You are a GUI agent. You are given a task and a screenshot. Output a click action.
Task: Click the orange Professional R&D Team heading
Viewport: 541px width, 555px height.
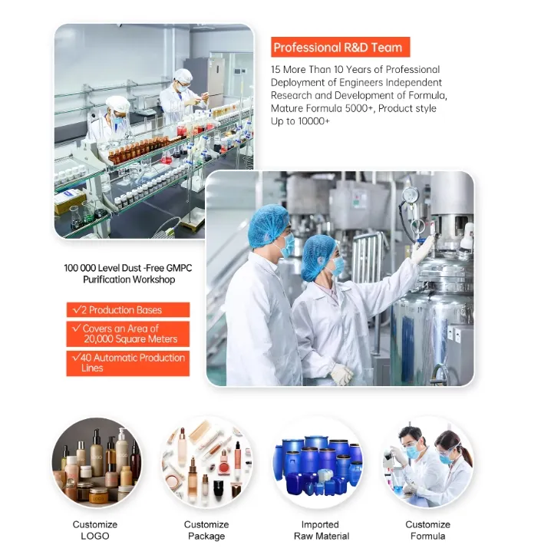pyautogui.click(x=341, y=47)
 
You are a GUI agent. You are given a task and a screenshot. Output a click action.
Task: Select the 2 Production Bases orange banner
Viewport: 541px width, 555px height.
pyautogui.click(x=127, y=309)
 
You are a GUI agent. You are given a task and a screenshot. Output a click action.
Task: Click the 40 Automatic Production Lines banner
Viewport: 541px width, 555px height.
pyautogui.click(x=127, y=363)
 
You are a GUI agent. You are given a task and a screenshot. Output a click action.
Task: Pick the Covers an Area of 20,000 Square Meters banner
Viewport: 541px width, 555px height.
pyautogui.click(x=127, y=334)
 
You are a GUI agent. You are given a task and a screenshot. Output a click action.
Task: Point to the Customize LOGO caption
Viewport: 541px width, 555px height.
pyautogui.click(x=95, y=530)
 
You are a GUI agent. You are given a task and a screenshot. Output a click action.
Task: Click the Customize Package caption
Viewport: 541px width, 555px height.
pyautogui.click(x=206, y=530)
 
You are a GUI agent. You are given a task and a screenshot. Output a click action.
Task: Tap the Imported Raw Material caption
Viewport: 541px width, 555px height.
pyautogui.click(x=322, y=530)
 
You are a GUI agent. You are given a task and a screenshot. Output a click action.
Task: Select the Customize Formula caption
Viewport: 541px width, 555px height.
pyautogui.click(x=427, y=530)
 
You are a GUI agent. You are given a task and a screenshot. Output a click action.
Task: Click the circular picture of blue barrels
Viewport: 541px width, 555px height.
pyautogui.click(x=318, y=462)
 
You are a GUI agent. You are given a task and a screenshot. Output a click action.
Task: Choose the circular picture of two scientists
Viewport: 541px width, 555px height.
pyautogui.click(x=427, y=462)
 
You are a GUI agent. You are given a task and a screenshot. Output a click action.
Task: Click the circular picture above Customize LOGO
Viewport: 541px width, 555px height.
pyautogui.click(x=96, y=462)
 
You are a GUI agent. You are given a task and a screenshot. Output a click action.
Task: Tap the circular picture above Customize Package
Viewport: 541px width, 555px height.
pyautogui.click(x=207, y=462)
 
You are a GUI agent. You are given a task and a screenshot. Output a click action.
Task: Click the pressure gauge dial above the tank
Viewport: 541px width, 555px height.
pyautogui.click(x=411, y=194)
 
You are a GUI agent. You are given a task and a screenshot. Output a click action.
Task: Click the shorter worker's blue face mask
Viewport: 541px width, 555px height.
pyautogui.click(x=338, y=266)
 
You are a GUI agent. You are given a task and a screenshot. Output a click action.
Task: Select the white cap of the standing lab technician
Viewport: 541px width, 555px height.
pyautogui.click(x=183, y=74)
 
